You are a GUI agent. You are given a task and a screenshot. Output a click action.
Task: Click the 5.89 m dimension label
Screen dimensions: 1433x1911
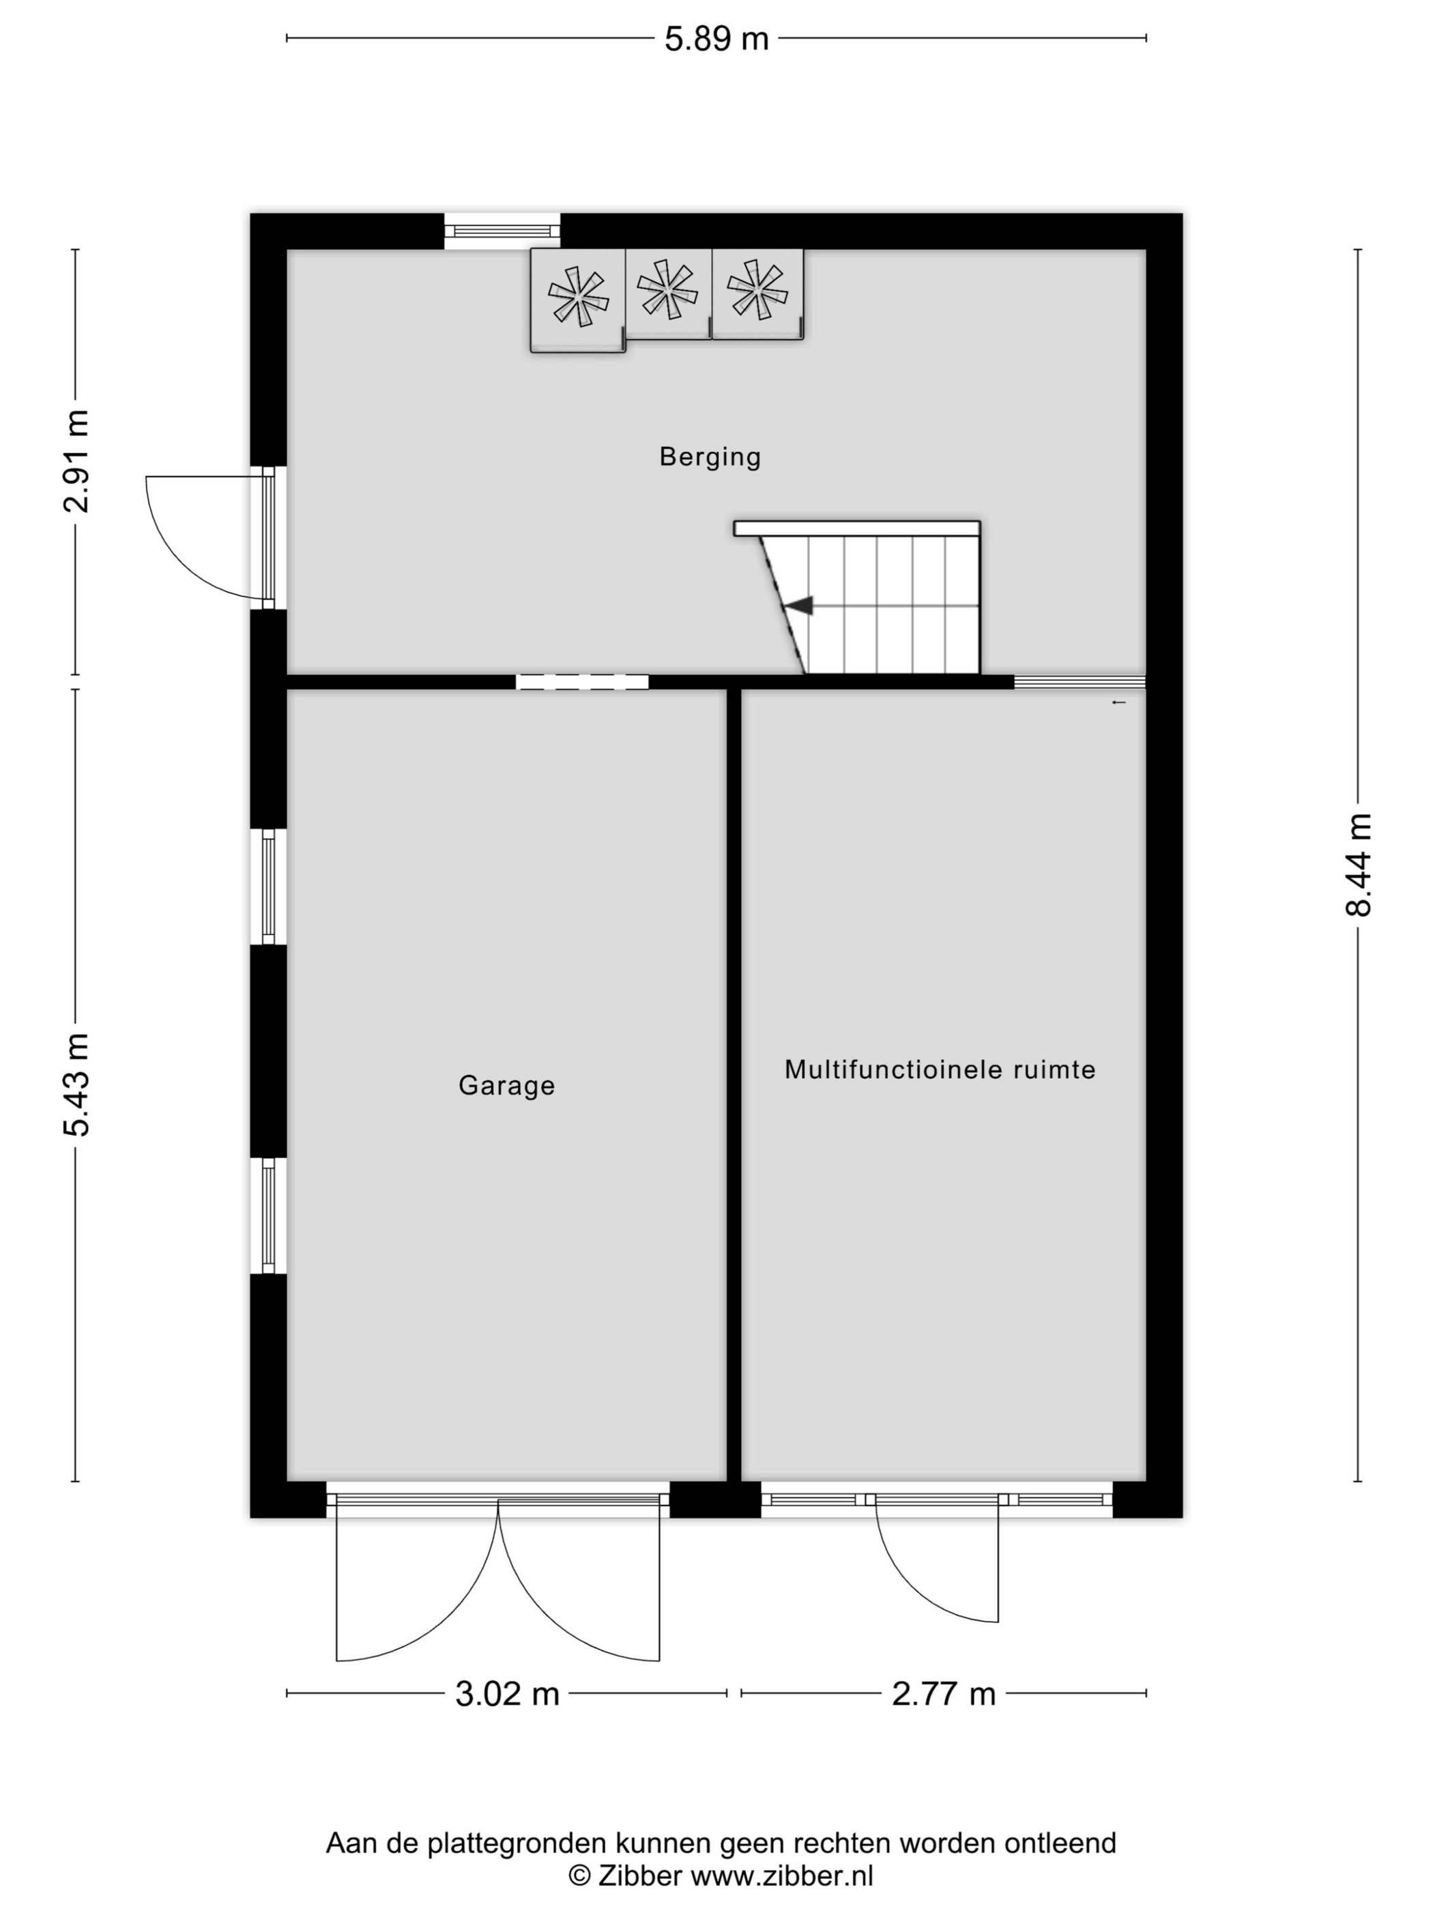715,39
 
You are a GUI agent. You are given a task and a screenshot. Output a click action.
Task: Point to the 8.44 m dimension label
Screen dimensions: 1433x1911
1358,864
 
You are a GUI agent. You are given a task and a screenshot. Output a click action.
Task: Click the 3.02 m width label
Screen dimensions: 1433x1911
507,1694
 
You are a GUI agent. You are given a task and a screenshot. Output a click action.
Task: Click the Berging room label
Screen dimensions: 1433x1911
710,456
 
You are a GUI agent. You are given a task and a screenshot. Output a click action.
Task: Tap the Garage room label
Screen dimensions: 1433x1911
506,1085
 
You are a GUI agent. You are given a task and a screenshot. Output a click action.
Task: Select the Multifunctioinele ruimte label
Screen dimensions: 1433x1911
940,1069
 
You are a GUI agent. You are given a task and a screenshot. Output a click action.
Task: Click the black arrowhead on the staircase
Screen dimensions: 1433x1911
799,605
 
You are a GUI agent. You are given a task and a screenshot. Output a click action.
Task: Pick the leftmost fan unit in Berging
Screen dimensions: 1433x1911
578,300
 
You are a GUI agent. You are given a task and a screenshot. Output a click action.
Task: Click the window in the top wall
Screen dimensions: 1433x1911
502,231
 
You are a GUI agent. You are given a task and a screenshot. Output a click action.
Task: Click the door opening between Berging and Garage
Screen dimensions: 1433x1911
582,682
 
